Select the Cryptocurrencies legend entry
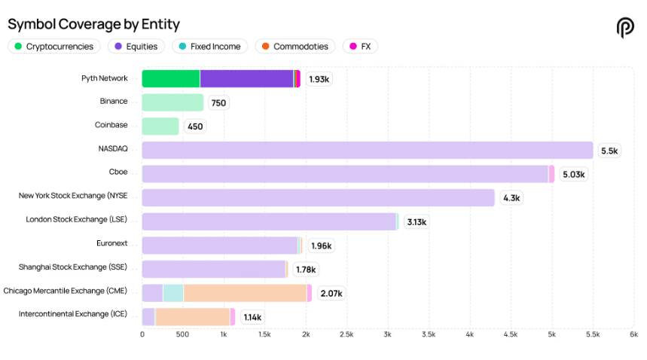(53, 47)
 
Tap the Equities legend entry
(136, 47)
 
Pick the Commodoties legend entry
(295, 47)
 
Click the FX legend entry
(360, 47)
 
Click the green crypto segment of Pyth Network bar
(170, 78)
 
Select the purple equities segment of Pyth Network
(246, 78)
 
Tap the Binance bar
(172, 102)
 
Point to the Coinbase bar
(160, 126)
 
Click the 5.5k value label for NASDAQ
(609, 151)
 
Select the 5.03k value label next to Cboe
(573, 174)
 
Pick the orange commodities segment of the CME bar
(245, 293)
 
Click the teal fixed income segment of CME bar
(173, 293)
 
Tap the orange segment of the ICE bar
(192, 316)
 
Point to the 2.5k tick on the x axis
(346, 334)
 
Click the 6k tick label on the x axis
(633, 334)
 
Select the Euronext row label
(112, 243)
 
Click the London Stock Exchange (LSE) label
(77, 219)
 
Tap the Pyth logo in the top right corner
(625, 28)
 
